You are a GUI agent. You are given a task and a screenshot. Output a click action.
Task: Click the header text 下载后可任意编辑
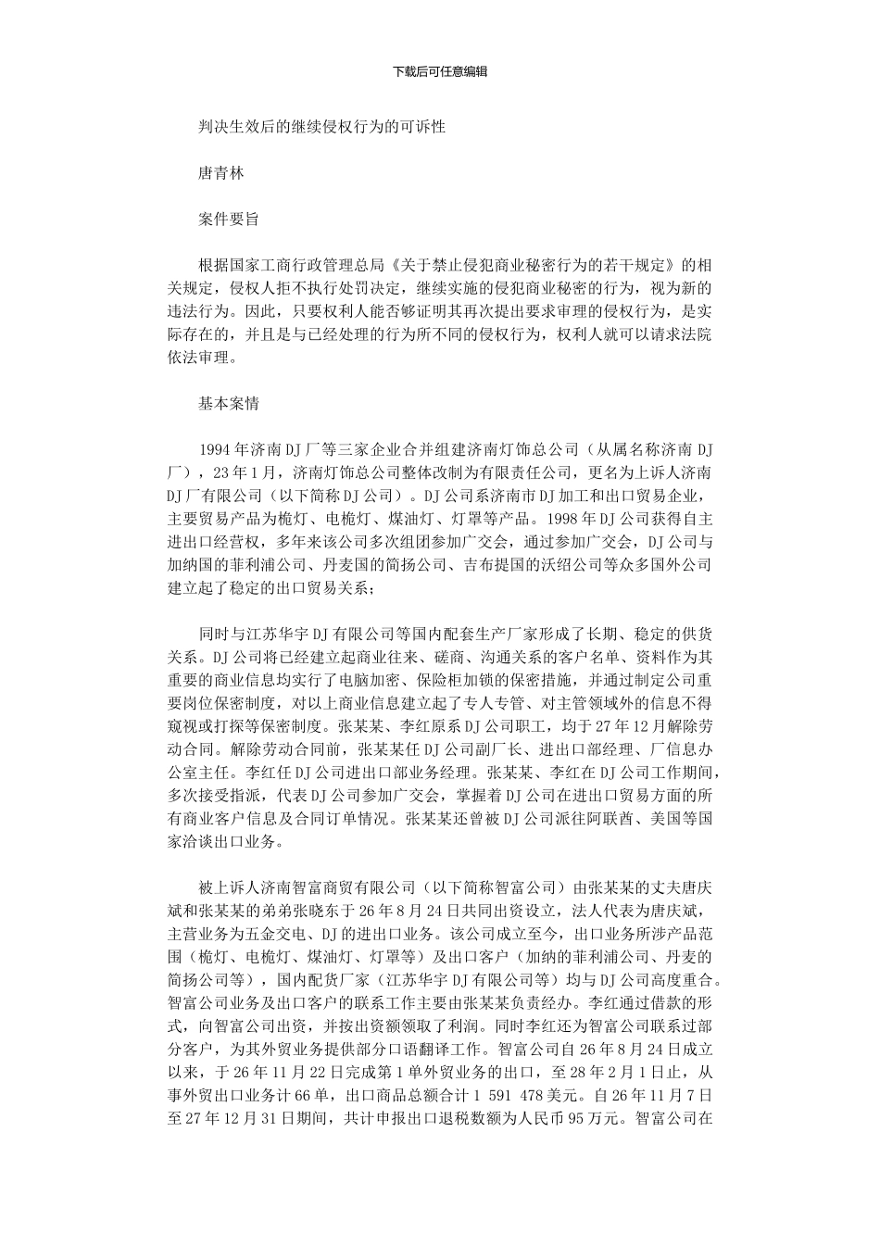440,71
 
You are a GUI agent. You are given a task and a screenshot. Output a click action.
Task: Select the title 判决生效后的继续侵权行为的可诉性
322,127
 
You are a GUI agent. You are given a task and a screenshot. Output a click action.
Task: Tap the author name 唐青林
221,173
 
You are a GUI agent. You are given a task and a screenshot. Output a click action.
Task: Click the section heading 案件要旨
229,220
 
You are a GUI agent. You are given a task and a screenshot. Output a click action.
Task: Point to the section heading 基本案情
229,403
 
